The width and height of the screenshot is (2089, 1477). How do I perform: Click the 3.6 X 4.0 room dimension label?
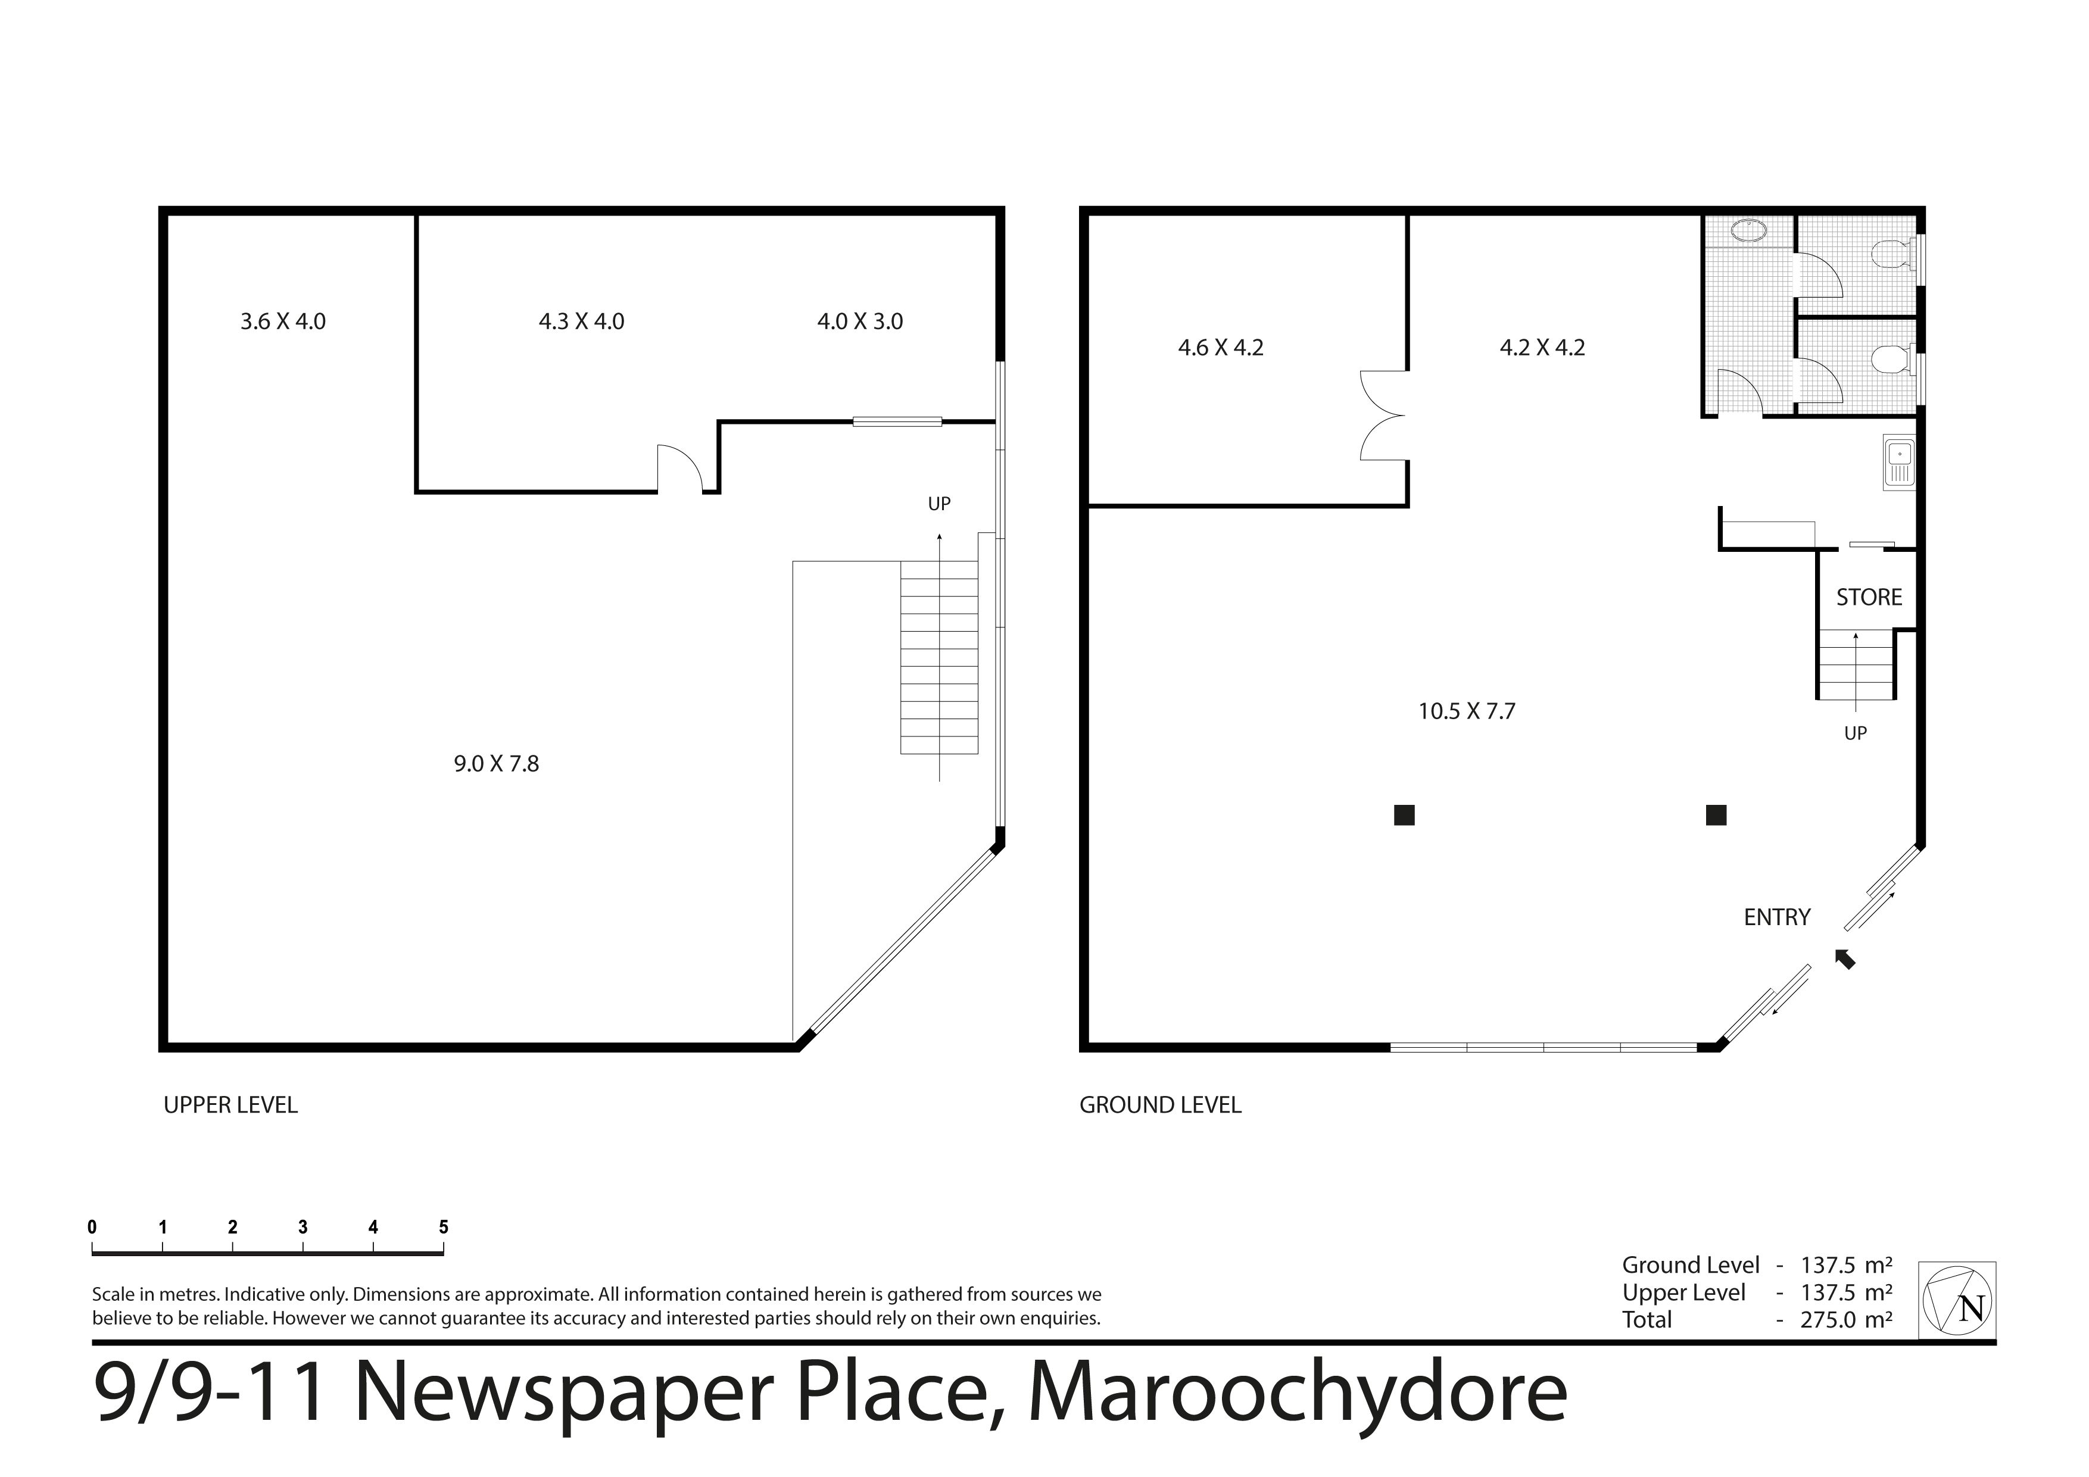[283, 321]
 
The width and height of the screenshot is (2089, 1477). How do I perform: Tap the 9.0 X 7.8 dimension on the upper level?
[497, 764]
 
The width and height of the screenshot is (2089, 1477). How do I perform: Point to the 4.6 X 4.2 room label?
[1221, 348]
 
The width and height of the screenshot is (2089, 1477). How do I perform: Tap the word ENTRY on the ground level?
[1778, 917]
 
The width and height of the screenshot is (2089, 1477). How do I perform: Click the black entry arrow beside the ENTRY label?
[1845, 958]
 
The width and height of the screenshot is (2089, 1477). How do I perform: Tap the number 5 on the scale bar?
[444, 1227]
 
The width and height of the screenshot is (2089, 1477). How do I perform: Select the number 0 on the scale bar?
[92, 1227]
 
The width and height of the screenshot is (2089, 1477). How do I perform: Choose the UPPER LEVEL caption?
[231, 1105]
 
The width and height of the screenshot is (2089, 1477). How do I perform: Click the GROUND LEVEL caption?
[1160, 1105]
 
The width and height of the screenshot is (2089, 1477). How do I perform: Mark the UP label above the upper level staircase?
[939, 504]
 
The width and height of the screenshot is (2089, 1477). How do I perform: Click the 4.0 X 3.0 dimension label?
[860, 321]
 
